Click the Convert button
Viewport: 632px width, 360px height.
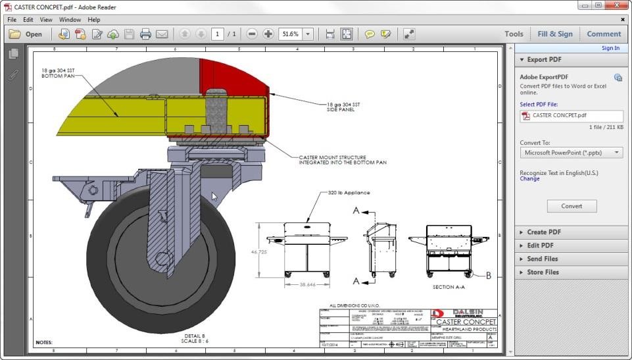click(x=571, y=206)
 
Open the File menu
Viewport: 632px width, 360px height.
click(x=11, y=20)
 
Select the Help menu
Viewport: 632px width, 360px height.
click(x=94, y=20)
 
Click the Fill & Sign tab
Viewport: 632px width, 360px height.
click(x=554, y=34)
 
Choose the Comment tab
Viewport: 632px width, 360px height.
click(x=603, y=34)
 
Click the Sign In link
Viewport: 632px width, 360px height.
click(x=610, y=48)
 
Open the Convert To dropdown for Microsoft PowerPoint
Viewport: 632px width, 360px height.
click(x=571, y=153)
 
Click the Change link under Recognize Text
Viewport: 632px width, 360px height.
click(x=529, y=179)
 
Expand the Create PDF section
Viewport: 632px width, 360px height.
click(x=543, y=232)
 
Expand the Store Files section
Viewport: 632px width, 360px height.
click(x=543, y=272)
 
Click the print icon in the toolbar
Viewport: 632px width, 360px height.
click(x=145, y=34)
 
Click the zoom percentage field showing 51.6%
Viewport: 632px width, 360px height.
click(x=290, y=34)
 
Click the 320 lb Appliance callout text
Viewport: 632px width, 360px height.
click(x=349, y=193)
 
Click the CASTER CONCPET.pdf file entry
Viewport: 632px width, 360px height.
click(x=559, y=115)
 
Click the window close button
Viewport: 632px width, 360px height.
click(x=615, y=5)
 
